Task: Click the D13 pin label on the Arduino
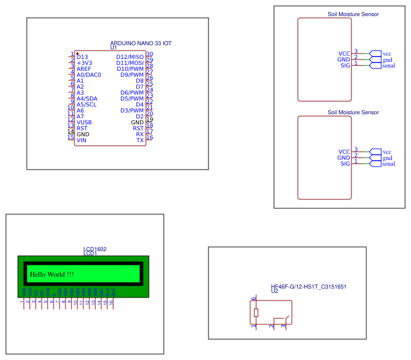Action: (82, 57)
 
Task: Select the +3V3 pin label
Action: (85, 63)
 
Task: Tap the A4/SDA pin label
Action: (86, 99)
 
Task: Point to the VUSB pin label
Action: (84, 123)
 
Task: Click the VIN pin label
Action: (82, 140)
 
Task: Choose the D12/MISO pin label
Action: (130, 57)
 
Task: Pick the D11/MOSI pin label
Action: (130, 63)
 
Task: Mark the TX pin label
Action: (140, 140)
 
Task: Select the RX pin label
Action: (140, 134)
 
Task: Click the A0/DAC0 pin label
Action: (89, 75)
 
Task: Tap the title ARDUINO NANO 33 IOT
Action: (141, 44)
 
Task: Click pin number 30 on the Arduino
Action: (150, 54)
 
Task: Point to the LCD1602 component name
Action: (95, 249)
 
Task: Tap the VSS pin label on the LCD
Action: (24, 292)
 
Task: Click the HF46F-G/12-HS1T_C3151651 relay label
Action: (309, 287)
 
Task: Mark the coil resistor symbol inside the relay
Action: (256, 313)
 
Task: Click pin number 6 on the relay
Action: (254, 299)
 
